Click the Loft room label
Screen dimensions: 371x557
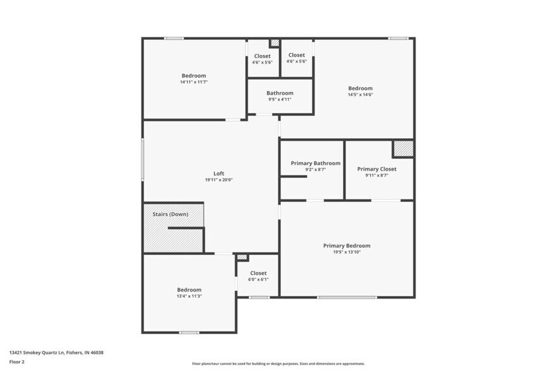click(x=219, y=174)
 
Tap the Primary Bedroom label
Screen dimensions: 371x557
click(x=347, y=245)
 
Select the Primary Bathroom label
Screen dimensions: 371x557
click(x=315, y=163)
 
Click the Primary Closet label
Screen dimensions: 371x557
click(x=376, y=168)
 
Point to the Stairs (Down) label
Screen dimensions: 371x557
click(x=171, y=214)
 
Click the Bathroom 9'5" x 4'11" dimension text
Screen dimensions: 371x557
click(x=280, y=99)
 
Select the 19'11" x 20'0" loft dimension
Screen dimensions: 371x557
click(x=219, y=180)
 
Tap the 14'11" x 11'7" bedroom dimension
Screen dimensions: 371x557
click(x=194, y=82)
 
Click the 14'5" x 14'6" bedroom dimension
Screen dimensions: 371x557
click(x=361, y=95)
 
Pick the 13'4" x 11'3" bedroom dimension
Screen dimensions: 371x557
click(x=189, y=296)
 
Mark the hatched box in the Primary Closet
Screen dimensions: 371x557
click(x=403, y=149)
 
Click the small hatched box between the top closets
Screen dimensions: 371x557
click(x=274, y=43)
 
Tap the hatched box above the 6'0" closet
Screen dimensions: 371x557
click(x=242, y=257)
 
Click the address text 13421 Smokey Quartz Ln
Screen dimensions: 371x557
click(x=56, y=353)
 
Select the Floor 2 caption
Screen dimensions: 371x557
click(x=16, y=362)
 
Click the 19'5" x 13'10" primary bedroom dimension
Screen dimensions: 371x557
click(x=347, y=252)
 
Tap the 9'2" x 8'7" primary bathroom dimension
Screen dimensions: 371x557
click(x=315, y=169)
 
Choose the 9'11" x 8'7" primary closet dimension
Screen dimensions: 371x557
click(x=376, y=175)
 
